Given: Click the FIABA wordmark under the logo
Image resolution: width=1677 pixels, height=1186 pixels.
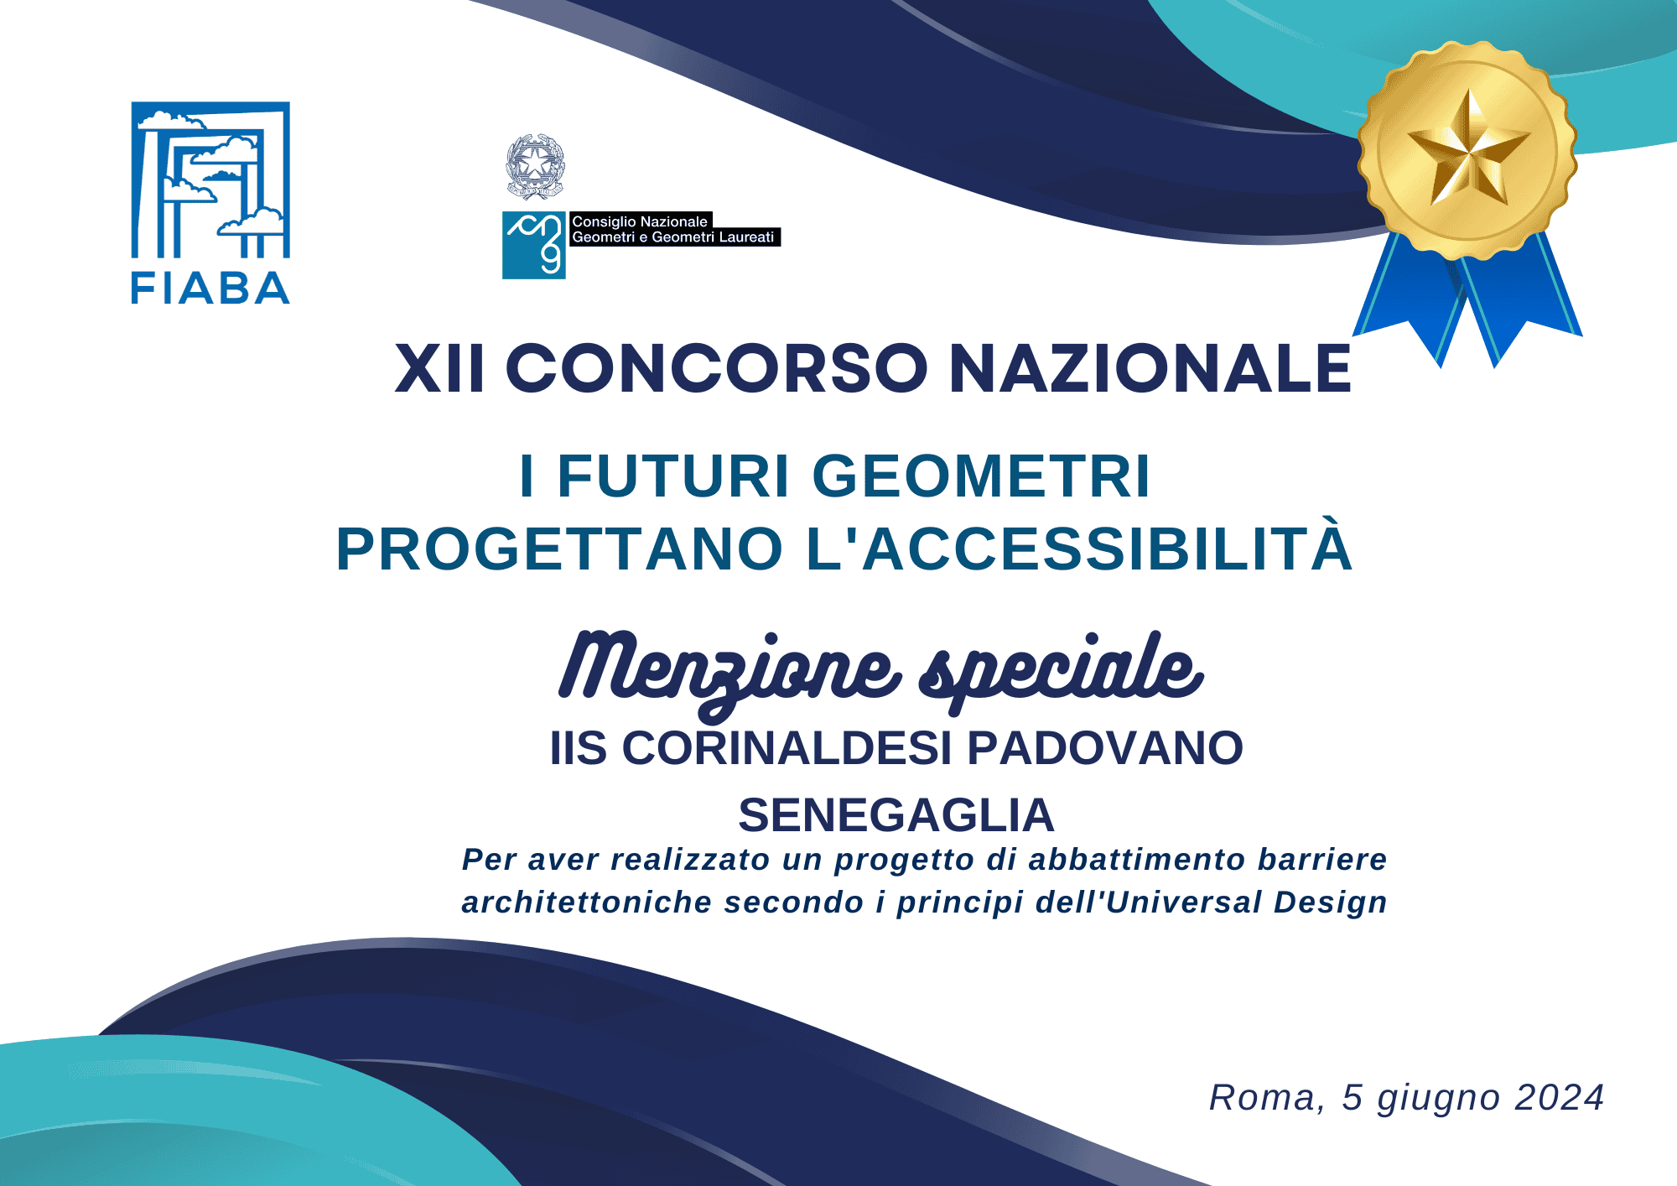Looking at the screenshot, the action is coord(210,289).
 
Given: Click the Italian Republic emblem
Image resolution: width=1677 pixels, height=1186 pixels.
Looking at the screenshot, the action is coord(535,166).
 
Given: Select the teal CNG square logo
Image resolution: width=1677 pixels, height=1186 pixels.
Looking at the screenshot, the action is coord(534,245).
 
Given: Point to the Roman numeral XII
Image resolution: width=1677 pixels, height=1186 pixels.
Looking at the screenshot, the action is coord(439,368).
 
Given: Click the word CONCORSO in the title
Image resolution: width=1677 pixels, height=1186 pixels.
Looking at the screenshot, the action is coord(717,368).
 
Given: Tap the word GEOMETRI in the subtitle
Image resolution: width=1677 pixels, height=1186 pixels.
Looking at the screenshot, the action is coord(981,476).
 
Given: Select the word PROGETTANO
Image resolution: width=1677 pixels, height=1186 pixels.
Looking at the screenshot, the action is coord(559,549).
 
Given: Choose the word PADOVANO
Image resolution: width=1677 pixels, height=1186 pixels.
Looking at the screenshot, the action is coord(1106,748).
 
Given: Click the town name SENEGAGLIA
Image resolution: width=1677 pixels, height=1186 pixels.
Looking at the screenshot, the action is coord(896,815).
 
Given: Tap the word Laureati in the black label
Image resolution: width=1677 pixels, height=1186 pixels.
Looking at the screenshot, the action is coord(746,237).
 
